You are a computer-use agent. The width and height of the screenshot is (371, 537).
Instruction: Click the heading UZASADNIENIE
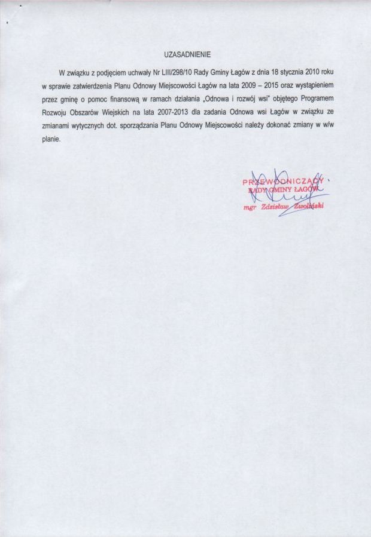[188, 54]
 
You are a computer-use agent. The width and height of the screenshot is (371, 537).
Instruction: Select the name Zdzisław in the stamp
[275, 207]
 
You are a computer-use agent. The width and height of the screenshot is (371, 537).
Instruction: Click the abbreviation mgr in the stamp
[250, 208]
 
